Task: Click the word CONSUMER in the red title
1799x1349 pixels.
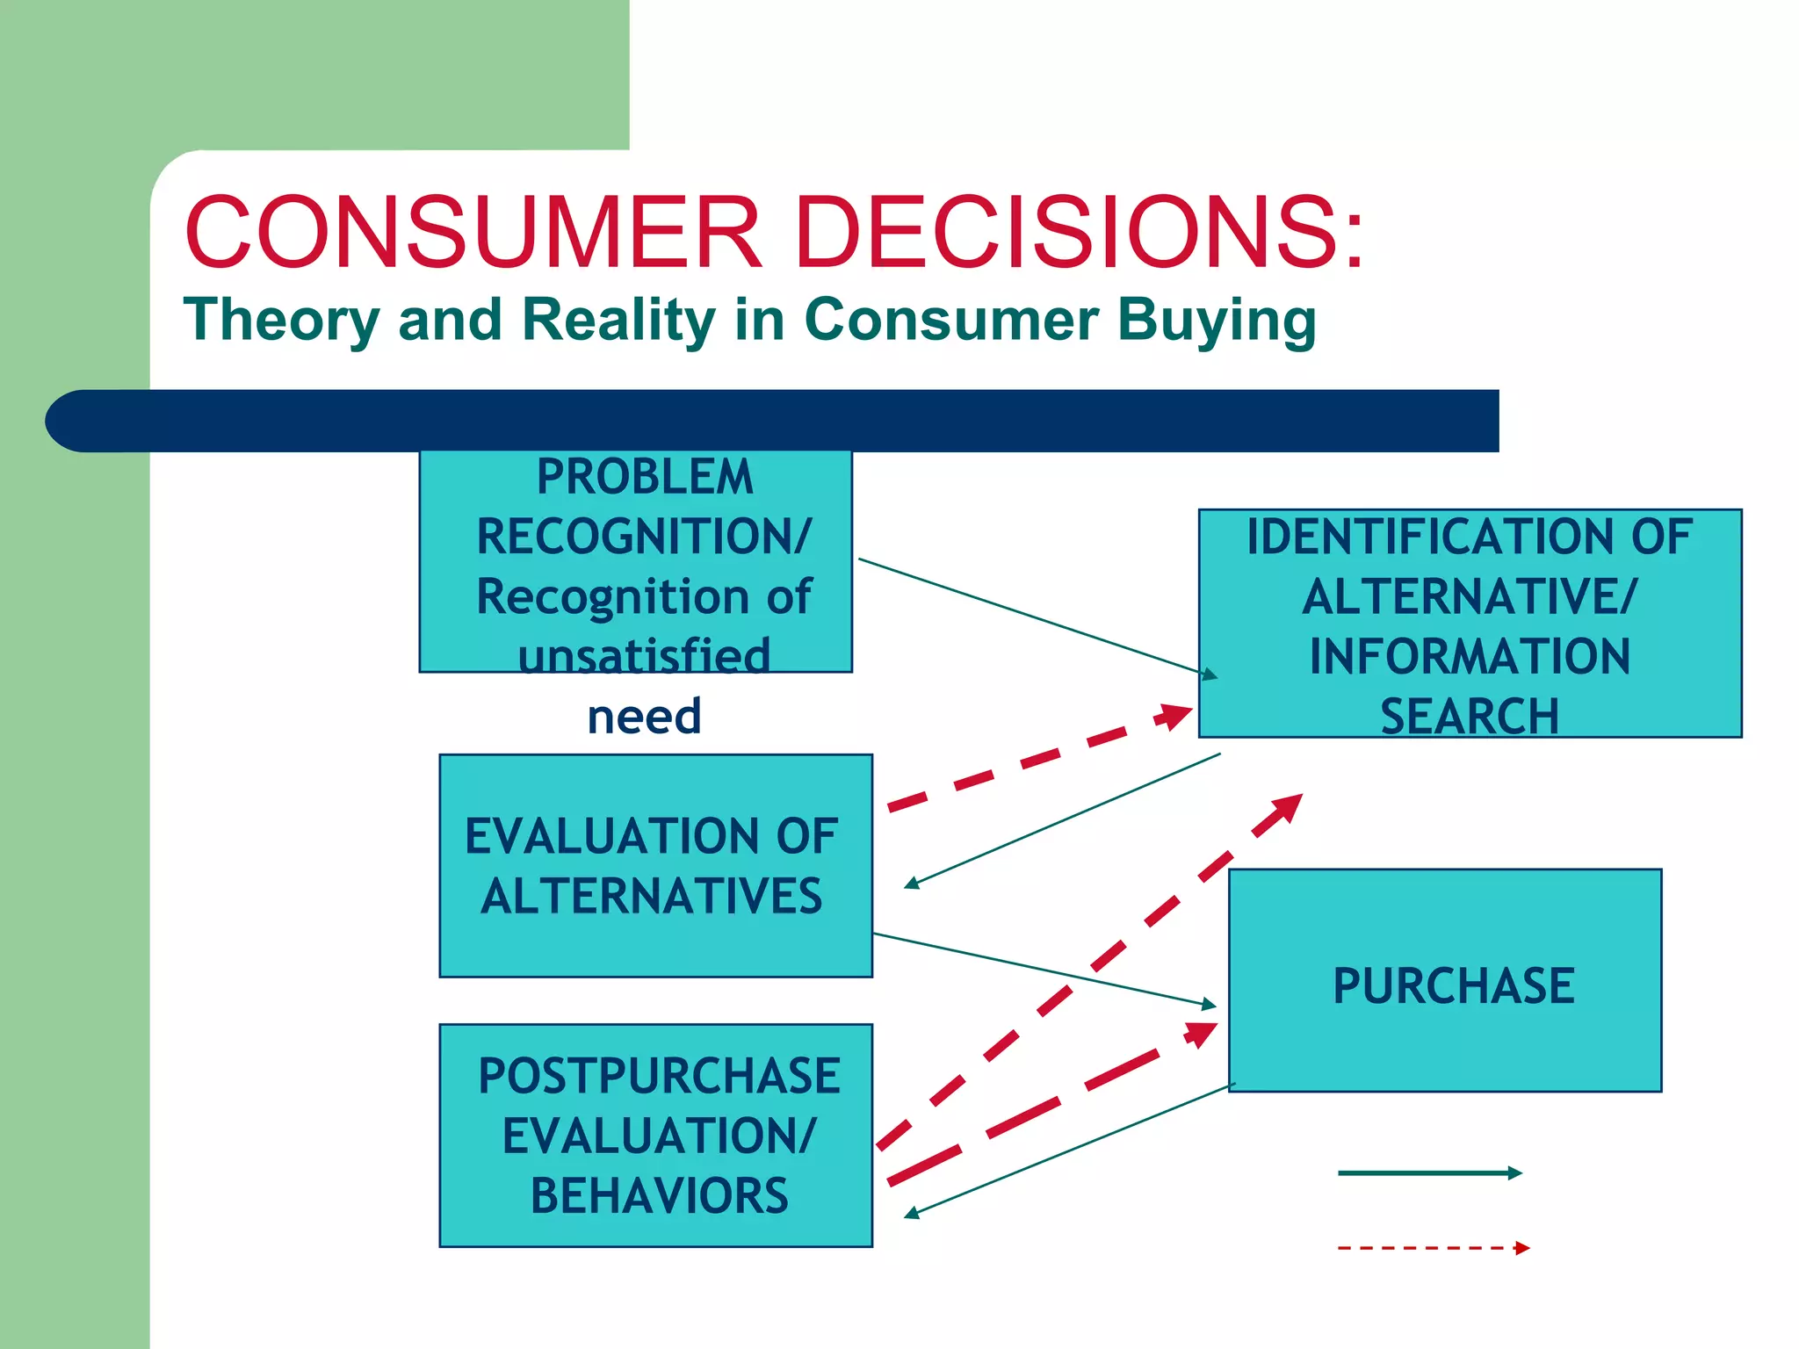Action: (473, 233)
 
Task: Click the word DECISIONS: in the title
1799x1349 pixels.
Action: (1079, 233)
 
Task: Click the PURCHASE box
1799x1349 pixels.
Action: (1445, 981)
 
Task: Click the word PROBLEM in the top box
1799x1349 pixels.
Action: (645, 478)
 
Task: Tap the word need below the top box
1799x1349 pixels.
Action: (644, 717)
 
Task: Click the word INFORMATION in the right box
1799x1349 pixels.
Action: (1470, 657)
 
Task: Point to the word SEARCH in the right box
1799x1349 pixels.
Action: (1470, 717)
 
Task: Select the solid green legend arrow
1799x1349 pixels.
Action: (1428, 1173)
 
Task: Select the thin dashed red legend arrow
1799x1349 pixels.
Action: (1432, 1248)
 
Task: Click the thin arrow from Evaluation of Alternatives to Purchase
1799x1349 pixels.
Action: (1045, 969)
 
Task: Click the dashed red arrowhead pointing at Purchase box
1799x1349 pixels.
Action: (1202, 1034)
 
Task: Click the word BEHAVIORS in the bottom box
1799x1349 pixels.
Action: (659, 1196)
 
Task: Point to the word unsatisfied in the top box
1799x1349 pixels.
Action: (644, 656)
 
